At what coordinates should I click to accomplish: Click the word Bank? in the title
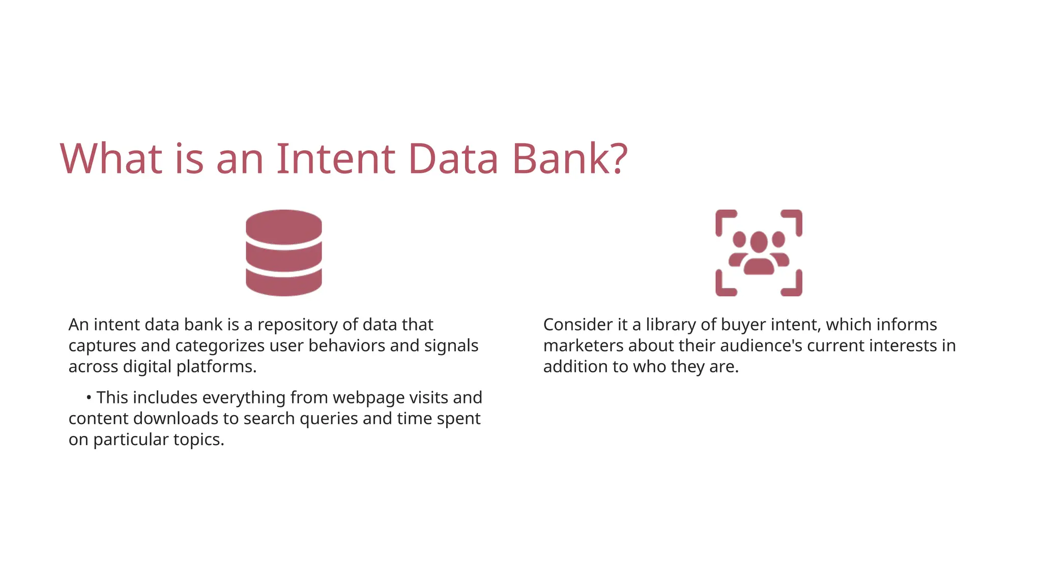(569, 159)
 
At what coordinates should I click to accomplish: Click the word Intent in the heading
(335, 159)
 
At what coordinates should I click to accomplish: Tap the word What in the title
(111, 159)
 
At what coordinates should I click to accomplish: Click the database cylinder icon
(283, 253)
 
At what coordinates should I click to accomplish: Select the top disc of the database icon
(283, 226)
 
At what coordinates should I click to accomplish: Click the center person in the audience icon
(759, 252)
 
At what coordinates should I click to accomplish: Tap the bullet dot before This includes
(89, 397)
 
